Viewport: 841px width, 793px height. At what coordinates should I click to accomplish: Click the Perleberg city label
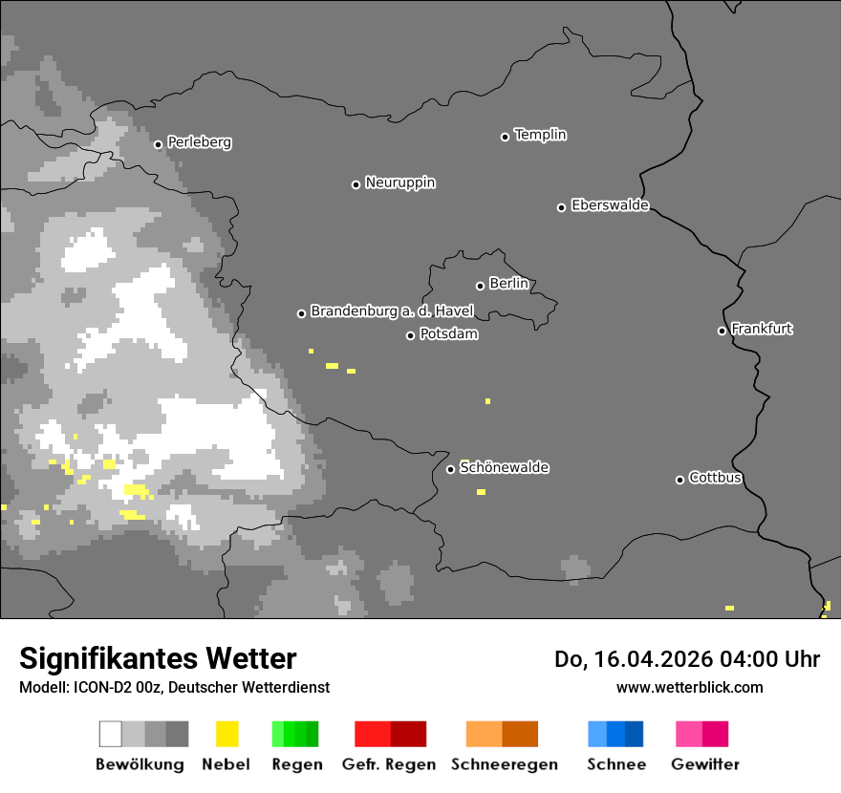[199, 142]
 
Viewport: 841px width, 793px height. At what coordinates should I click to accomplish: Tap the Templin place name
[540, 135]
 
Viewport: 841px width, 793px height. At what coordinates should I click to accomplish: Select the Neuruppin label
[399, 182]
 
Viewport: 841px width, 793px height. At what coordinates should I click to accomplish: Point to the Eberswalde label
[610, 205]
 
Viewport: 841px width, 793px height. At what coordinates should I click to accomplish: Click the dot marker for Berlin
[480, 286]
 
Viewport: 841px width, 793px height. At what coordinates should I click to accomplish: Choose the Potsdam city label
[448, 334]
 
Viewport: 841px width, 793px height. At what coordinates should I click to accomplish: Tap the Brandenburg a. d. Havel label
[391, 311]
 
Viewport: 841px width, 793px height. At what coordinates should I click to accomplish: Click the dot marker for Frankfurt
[722, 331]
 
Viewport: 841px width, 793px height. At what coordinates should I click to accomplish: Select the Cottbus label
[715, 478]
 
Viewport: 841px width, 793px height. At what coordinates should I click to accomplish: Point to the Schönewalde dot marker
[450, 469]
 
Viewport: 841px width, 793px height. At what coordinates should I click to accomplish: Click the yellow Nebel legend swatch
[226, 734]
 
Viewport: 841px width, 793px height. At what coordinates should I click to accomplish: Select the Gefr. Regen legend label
[389, 764]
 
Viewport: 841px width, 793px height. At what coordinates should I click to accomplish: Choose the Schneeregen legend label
[504, 764]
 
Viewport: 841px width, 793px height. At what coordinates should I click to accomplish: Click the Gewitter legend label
[704, 764]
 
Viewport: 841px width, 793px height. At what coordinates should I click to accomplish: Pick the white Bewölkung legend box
[111, 734]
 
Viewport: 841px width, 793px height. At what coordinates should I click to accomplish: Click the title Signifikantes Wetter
[158, 659]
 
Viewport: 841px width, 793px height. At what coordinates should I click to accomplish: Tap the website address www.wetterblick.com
[689, 687]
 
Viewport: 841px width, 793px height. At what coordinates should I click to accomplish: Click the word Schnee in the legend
[615, 764]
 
